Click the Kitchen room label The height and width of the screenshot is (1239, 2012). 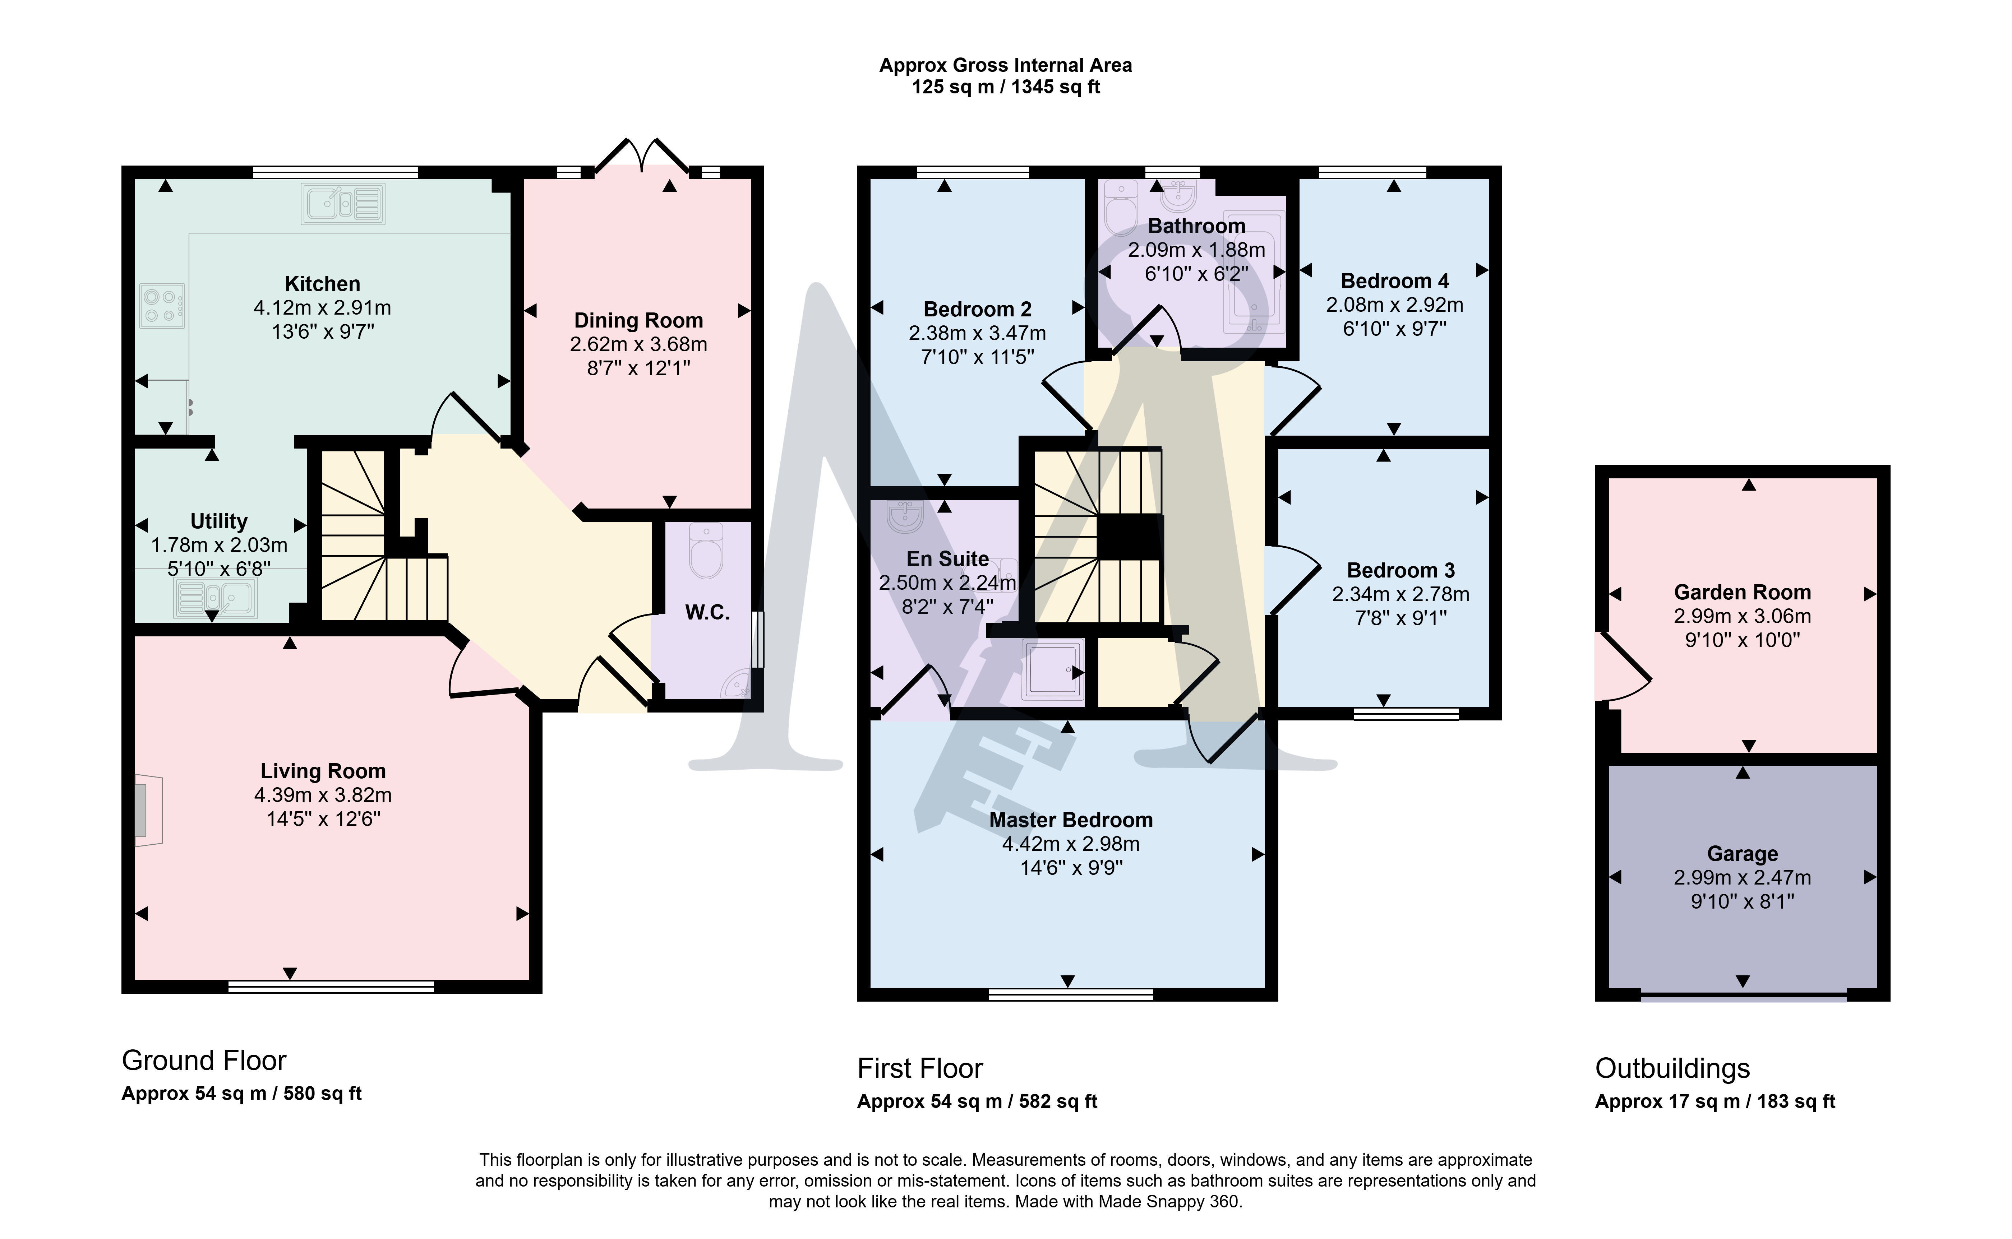pos(322,283)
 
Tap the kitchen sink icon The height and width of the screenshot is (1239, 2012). pos(342,203)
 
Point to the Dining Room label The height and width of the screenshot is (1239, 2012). pos(638,320)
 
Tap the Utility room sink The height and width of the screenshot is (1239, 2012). pos(216,598)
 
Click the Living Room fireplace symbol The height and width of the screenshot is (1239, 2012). pos(148,809)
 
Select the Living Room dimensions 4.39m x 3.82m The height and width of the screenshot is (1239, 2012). pos(323,795)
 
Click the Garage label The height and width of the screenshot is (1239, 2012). pos(1743,854)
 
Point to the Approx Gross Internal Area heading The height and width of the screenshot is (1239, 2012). pos(1006,66)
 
